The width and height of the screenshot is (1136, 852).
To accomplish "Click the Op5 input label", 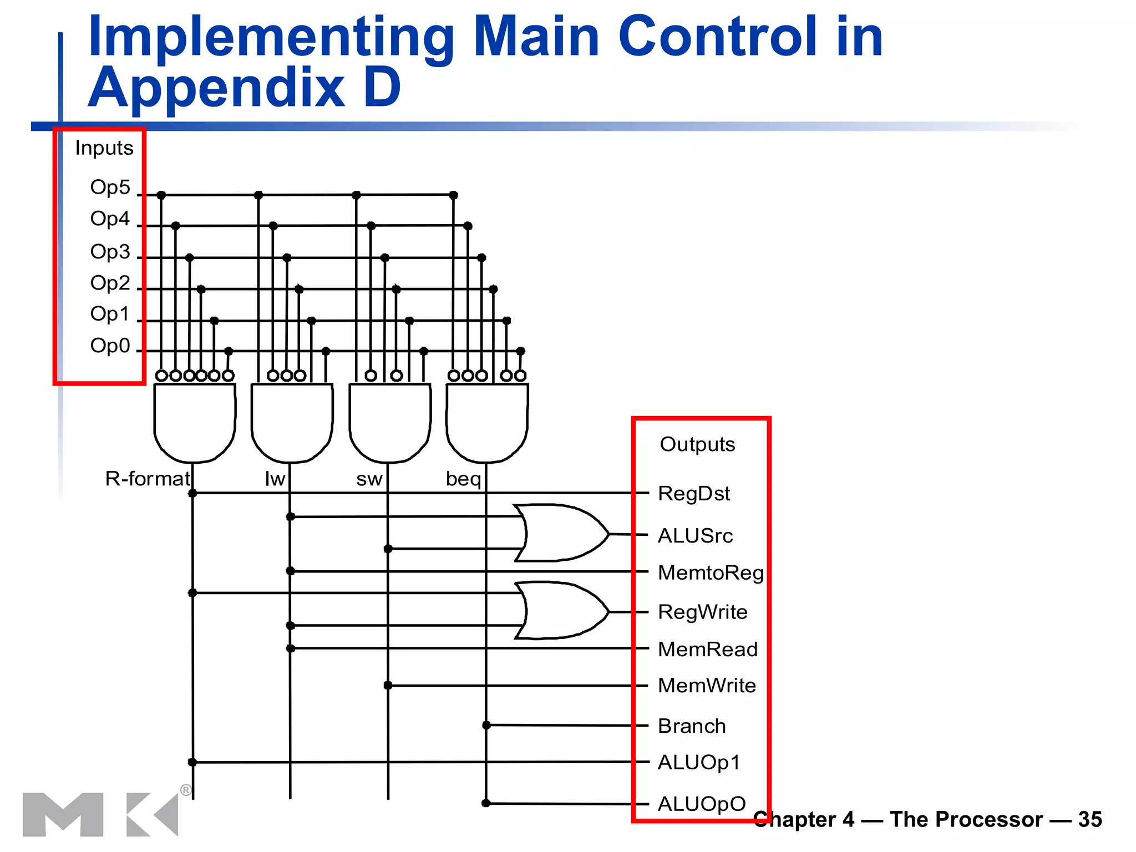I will [110, 187].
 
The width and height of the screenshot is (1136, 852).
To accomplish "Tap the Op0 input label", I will [110, 346].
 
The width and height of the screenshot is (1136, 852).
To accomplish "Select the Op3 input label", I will [110, 252].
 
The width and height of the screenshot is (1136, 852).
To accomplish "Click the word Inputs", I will [104, 148].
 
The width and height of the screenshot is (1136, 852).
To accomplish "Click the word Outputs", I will [697, 444].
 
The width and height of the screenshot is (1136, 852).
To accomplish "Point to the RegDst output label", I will [694, 494].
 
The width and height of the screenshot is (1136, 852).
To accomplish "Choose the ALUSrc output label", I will [696, 536].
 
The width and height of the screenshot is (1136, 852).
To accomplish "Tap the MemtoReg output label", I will [711, 572].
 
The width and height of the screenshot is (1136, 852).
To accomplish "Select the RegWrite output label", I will [703, 612].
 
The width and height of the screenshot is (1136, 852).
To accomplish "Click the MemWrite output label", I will [707, 686].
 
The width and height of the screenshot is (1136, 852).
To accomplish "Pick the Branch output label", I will [692, 726].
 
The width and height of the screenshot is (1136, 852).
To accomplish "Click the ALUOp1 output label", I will [699, 763].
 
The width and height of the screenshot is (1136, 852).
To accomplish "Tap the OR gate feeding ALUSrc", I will [560, 533].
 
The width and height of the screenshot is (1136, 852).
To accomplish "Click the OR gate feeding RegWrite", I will [560, 611].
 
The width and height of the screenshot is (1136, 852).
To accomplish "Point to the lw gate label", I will [275, 479].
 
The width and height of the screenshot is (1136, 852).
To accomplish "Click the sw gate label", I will [369, 479].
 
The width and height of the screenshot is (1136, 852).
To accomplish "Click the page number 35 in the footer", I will [1090, 819].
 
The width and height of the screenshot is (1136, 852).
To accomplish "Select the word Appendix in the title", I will [216, 87].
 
